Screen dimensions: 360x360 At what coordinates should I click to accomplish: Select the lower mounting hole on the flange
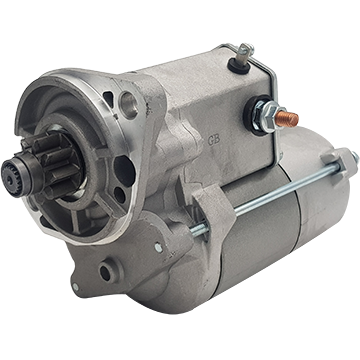pyautogui.click(x=105, y=270)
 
